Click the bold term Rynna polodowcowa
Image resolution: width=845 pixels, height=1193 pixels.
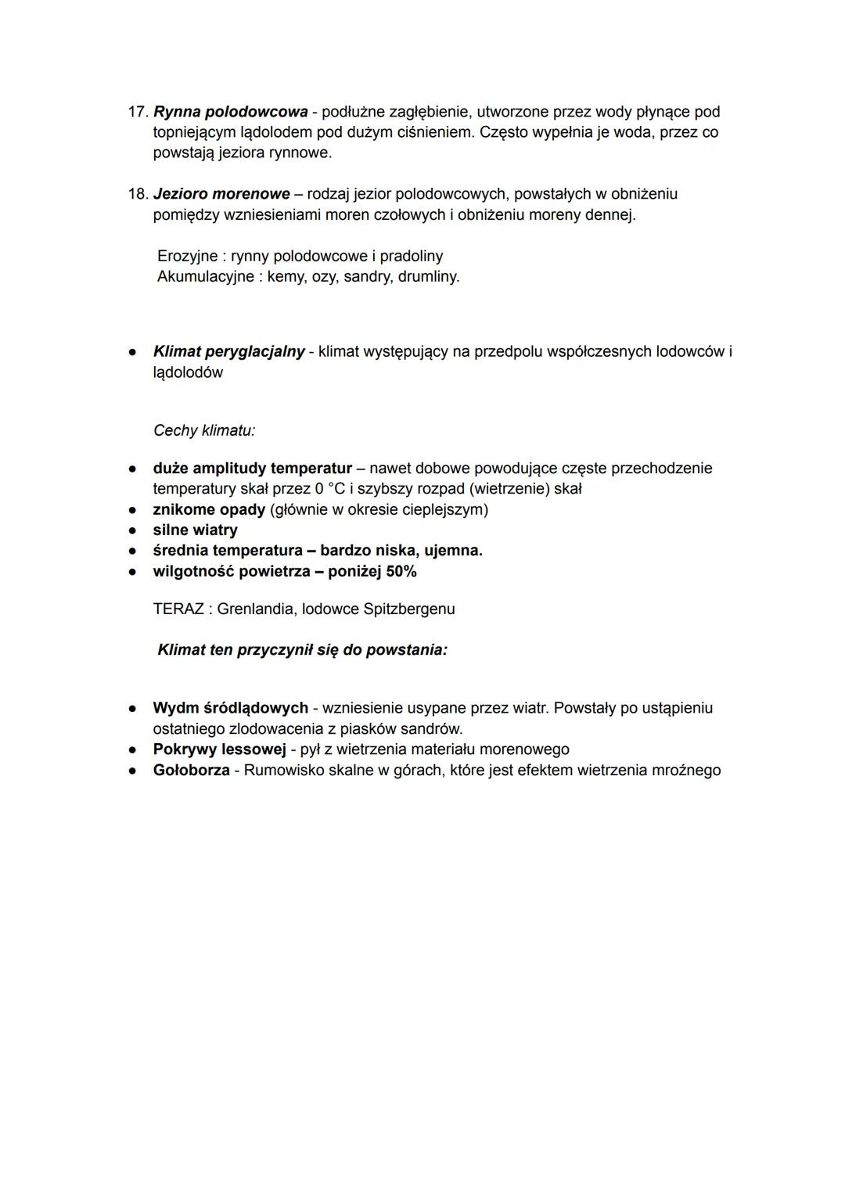(230, 112)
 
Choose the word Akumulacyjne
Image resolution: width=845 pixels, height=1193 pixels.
(206, 276)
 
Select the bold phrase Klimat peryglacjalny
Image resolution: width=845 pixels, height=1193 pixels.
(228, 351)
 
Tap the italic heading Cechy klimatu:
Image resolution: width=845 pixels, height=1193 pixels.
(204, 430)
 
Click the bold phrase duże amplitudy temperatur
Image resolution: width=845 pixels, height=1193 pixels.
(252, 468)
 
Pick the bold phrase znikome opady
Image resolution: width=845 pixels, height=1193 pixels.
(209, 509)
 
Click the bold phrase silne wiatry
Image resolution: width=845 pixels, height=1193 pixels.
(195, 530)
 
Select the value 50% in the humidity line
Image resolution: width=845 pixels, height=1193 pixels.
(401, 571)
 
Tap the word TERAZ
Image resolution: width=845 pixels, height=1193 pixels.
(178, 609)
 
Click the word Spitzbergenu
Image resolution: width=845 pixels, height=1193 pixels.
(409, 609)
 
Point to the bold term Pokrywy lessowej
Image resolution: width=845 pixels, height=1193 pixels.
(219, 749)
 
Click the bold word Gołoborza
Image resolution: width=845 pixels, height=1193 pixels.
(191, 770)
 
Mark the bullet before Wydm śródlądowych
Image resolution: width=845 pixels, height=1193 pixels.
(134, 708)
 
